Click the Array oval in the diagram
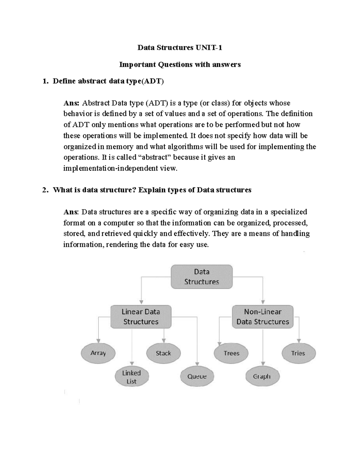(x=98, y=353)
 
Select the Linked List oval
(x=132, y=377)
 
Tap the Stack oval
(x=163, y=353)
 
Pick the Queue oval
(x=197, y=377)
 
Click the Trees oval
(x=231, y=353)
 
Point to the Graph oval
(x=262, y=377)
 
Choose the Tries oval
(x=298, y=353)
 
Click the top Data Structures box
(x=202, y=277)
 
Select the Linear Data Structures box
(x=141, y=317)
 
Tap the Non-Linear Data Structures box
(x=262, y=317)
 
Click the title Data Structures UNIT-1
(x=180, y=48)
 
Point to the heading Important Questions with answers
(x=180, y=65)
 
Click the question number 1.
(x=45, y=81)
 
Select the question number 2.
(x=45, y=190)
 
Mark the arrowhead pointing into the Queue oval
(x=197, y=365)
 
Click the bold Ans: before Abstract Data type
(x=71, y=103)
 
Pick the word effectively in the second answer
(x=191, y=234)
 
